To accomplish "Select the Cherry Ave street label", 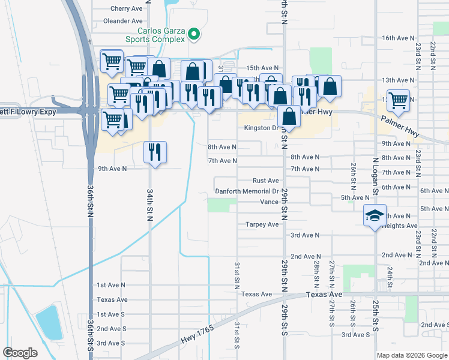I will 127,9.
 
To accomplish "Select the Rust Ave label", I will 266,181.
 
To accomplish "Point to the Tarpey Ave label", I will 262,224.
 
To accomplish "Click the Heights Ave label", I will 399,226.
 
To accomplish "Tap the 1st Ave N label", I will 111,285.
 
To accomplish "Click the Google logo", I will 20,353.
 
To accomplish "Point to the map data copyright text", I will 411,355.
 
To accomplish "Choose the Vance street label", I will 269,202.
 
